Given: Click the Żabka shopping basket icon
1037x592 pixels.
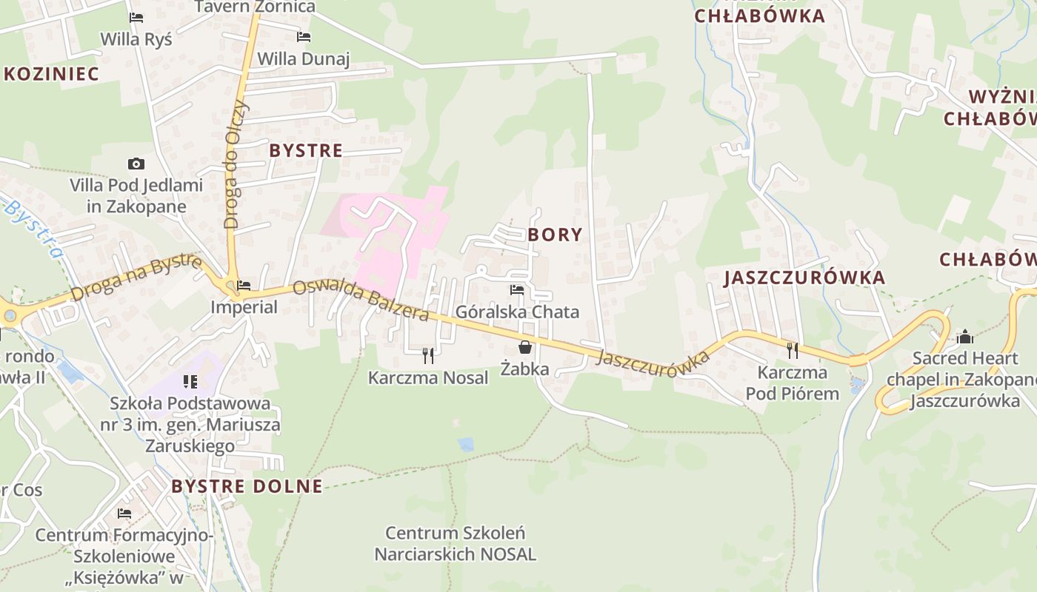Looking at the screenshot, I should coord(525,347).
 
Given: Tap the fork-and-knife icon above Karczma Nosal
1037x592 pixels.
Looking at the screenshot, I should coord(427,356).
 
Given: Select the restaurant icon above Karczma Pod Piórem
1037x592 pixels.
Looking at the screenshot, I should coord(793,350).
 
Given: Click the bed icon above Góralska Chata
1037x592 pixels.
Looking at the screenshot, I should coord(517,290).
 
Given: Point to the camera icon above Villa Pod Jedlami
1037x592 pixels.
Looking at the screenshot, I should coord(136,164).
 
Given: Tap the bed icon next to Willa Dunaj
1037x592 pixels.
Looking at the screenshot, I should coord(303,36).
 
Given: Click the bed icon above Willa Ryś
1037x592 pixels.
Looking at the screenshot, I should coord(136,17).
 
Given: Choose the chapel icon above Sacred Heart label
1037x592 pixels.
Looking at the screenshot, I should coord(965,337).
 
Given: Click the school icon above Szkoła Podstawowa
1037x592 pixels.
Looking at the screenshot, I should coord(190,382).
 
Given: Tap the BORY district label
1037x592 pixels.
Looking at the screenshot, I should coord(555,235).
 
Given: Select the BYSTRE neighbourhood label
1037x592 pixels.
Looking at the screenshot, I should coord(306,150).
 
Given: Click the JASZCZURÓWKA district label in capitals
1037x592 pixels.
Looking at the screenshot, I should coord(804,277).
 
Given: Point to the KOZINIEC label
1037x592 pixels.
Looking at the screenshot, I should coord(51,73).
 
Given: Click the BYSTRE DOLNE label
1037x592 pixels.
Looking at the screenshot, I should coord(247,486).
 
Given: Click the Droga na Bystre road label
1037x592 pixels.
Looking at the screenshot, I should coord(136,278).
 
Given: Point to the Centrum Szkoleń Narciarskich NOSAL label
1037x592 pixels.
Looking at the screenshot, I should coord(455,543).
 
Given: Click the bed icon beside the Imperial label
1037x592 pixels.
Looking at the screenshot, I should coord(244,285).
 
